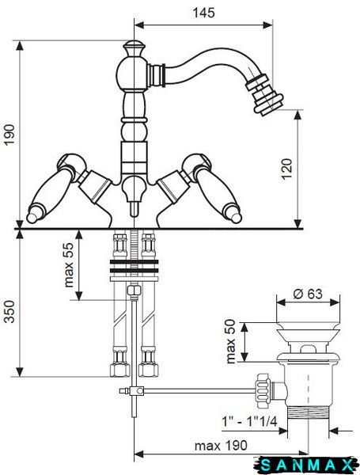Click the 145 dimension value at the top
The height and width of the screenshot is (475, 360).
point(204,13)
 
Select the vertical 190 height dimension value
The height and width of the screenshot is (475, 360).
point(9,135)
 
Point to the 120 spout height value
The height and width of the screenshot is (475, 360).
point(287,169)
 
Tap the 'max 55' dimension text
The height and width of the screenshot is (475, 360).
point(69,264)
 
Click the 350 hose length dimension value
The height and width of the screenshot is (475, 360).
point(9,312)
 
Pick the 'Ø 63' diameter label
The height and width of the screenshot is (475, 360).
point(308,294)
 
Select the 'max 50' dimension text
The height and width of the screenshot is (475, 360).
point(231,341)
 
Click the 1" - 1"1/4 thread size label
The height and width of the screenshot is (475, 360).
point(250,421)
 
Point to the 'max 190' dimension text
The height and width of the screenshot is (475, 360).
point(221,446)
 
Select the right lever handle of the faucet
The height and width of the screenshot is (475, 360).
point(217,193)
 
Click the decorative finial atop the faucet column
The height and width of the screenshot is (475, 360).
point(134,48)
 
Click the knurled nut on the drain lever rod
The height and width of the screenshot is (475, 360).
point(263,391)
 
